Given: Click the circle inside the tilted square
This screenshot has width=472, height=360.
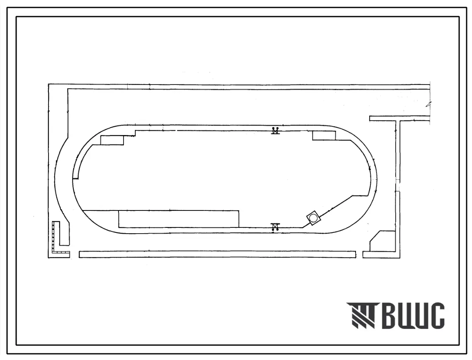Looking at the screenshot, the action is coord(313,217).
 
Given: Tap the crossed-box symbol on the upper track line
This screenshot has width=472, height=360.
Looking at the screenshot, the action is coord(275,130).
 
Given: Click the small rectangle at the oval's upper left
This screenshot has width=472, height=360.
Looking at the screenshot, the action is coord(112,140).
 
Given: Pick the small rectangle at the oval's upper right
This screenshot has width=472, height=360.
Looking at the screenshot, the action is coord(324,135).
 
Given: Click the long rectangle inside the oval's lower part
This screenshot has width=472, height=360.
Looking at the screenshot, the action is coord(179,219).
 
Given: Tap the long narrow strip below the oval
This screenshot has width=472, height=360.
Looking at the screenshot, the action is coord(217,255).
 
